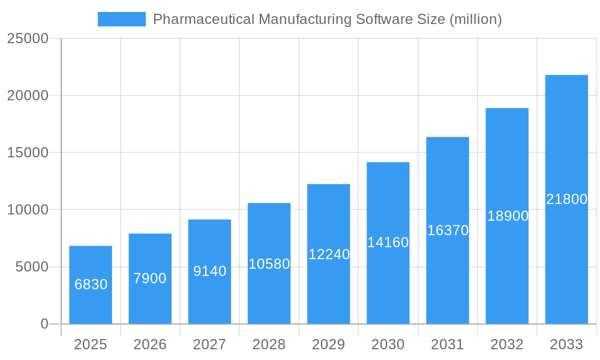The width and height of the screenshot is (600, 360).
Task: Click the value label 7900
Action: [x=150, y=278]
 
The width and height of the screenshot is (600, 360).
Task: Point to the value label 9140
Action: [x=209, y=271]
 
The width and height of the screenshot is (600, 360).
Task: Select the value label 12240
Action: [x=329, y=254]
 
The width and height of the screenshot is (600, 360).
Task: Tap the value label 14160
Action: [x=388, y=242]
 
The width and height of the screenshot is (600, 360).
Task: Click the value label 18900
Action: [x=508, y=216]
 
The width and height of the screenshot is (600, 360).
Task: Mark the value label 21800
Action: [x=566, y=199]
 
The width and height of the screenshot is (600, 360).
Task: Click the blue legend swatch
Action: [x=122, y=19]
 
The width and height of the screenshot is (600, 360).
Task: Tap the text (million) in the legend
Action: [x=475, y=19]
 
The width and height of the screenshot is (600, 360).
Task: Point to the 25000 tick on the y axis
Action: [x=28, y=38]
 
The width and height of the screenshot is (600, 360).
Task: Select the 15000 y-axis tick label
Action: [x=28, y=152]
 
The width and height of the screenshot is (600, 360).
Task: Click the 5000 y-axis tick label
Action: [x=32, y=267]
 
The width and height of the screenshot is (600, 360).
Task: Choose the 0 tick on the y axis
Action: [x=44, y=324]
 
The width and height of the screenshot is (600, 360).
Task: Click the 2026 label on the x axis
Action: [x=150, y=344]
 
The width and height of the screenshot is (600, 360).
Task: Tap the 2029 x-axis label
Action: [x=329, y=344]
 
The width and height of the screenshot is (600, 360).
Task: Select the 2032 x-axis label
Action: [x=507, y=344]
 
